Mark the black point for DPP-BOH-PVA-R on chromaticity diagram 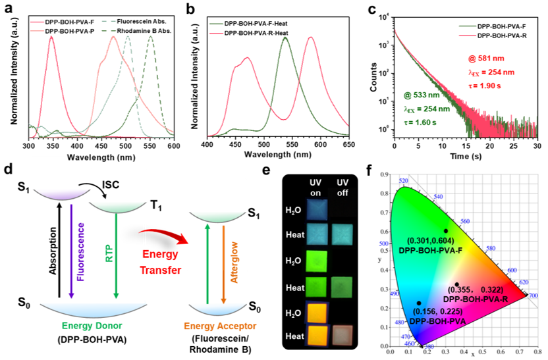456,284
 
